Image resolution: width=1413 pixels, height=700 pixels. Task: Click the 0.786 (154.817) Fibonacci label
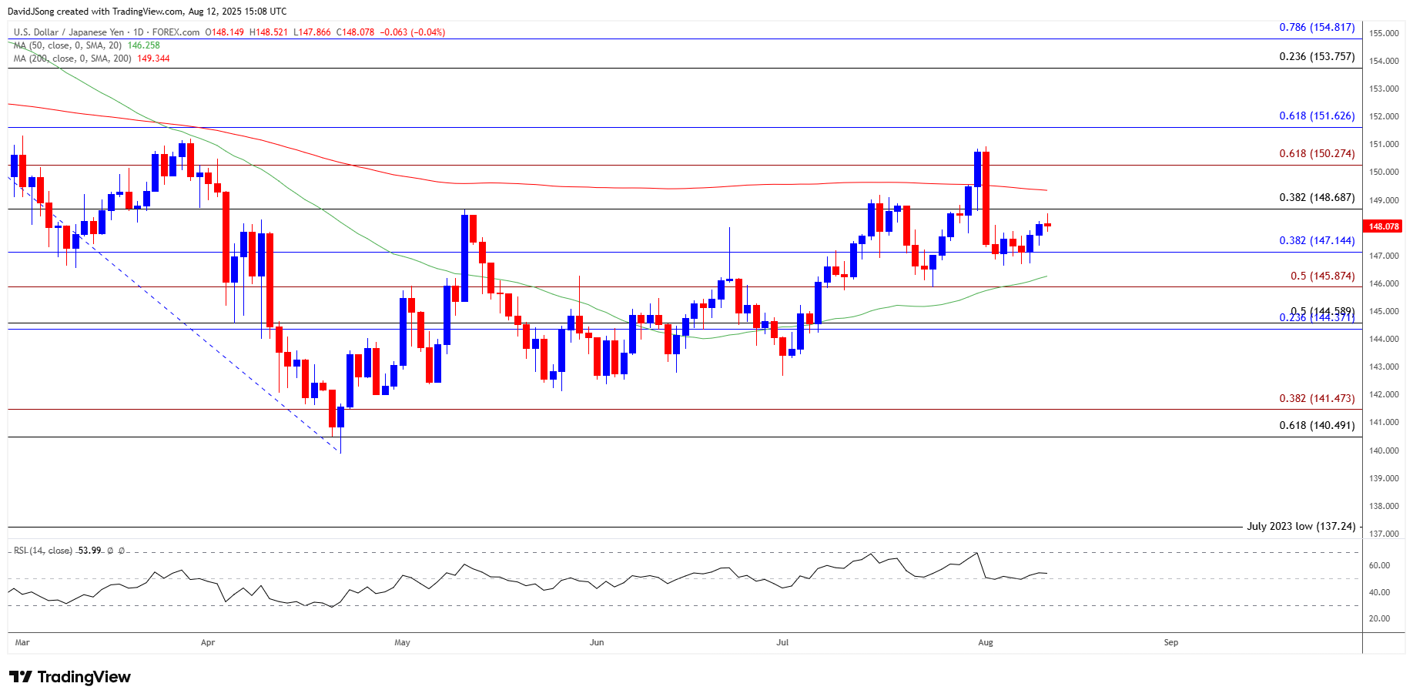[x=1316, y=27]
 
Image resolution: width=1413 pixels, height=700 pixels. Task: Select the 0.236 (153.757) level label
[x=1316, y=56]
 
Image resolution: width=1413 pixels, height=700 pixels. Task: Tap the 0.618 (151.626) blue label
[x=1316, y=116]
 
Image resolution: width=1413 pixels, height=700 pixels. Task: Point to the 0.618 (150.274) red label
[x=1316, y=153]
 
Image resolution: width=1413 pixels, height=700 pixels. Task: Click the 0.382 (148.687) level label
[x=1316, y=197]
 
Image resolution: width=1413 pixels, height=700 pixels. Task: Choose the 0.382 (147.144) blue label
[x=1316, y=240]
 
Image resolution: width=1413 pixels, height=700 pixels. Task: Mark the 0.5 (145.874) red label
[x=1322, y=276]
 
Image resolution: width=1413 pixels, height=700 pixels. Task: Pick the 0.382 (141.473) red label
[x=1316, y=398]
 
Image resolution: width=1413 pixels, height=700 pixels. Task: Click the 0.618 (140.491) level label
[x=1316, y=425]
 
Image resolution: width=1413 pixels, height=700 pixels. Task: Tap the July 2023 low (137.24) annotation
[x=1301, y=526]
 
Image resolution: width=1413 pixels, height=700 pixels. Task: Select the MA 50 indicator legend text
[x=68, y=45]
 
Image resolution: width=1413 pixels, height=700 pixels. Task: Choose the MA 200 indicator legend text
[x=72, y=59]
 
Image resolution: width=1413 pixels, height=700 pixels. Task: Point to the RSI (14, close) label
[x=43, y=551]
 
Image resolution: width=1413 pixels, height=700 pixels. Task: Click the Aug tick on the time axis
[x=985, y=642]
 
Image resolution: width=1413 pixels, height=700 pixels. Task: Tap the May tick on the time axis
[x=402, y=642]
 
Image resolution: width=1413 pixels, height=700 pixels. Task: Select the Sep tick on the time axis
[x=1170, y=642]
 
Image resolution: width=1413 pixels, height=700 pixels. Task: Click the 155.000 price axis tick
[x=1384, y=33]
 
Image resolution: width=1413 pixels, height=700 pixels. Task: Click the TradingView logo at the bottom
[x=70, y=677]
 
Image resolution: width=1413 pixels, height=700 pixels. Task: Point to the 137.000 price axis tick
[x=1384, y=534]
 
